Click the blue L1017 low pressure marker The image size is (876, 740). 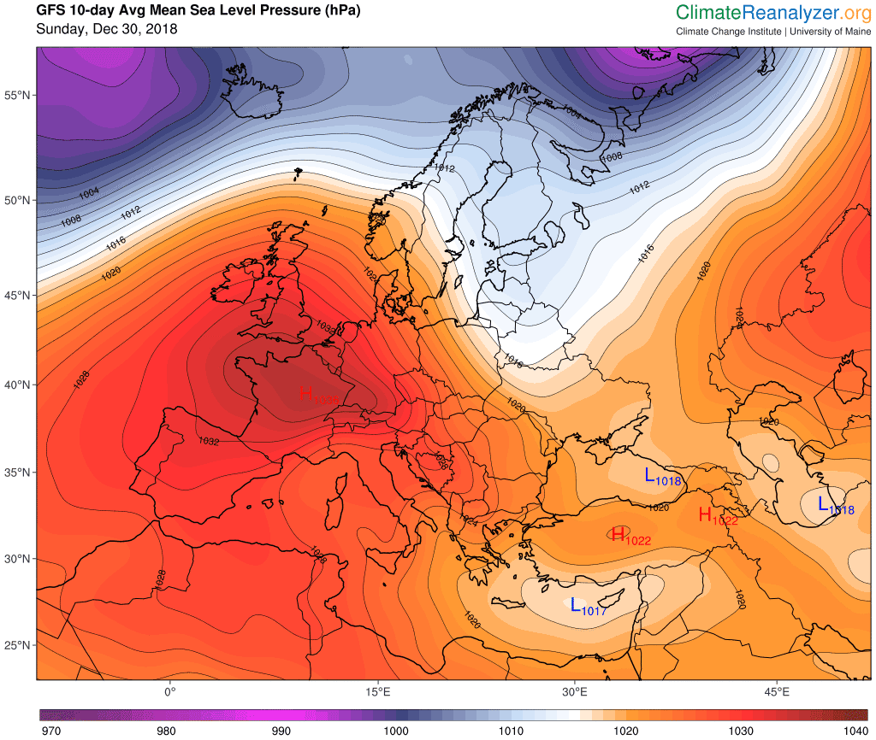click(x=587, y=607)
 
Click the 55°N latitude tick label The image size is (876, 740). click(x=19, y=94)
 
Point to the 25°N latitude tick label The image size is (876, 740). click(x=19, y=645)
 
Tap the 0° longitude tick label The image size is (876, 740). click(x=169, y=690)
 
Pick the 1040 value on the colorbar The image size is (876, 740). click(x=856, y=731)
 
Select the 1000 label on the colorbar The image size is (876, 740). click(x=396, y=731)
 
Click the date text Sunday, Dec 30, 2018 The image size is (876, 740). click(x=107, y=30)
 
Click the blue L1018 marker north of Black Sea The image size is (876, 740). click(x=661, y=477)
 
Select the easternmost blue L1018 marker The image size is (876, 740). click(x=835, y=505)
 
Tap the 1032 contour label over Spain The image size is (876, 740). click(x=208, y=442)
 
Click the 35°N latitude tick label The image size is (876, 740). click(x=19, y=473)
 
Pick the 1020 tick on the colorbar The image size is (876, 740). click(x=626, y=731)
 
